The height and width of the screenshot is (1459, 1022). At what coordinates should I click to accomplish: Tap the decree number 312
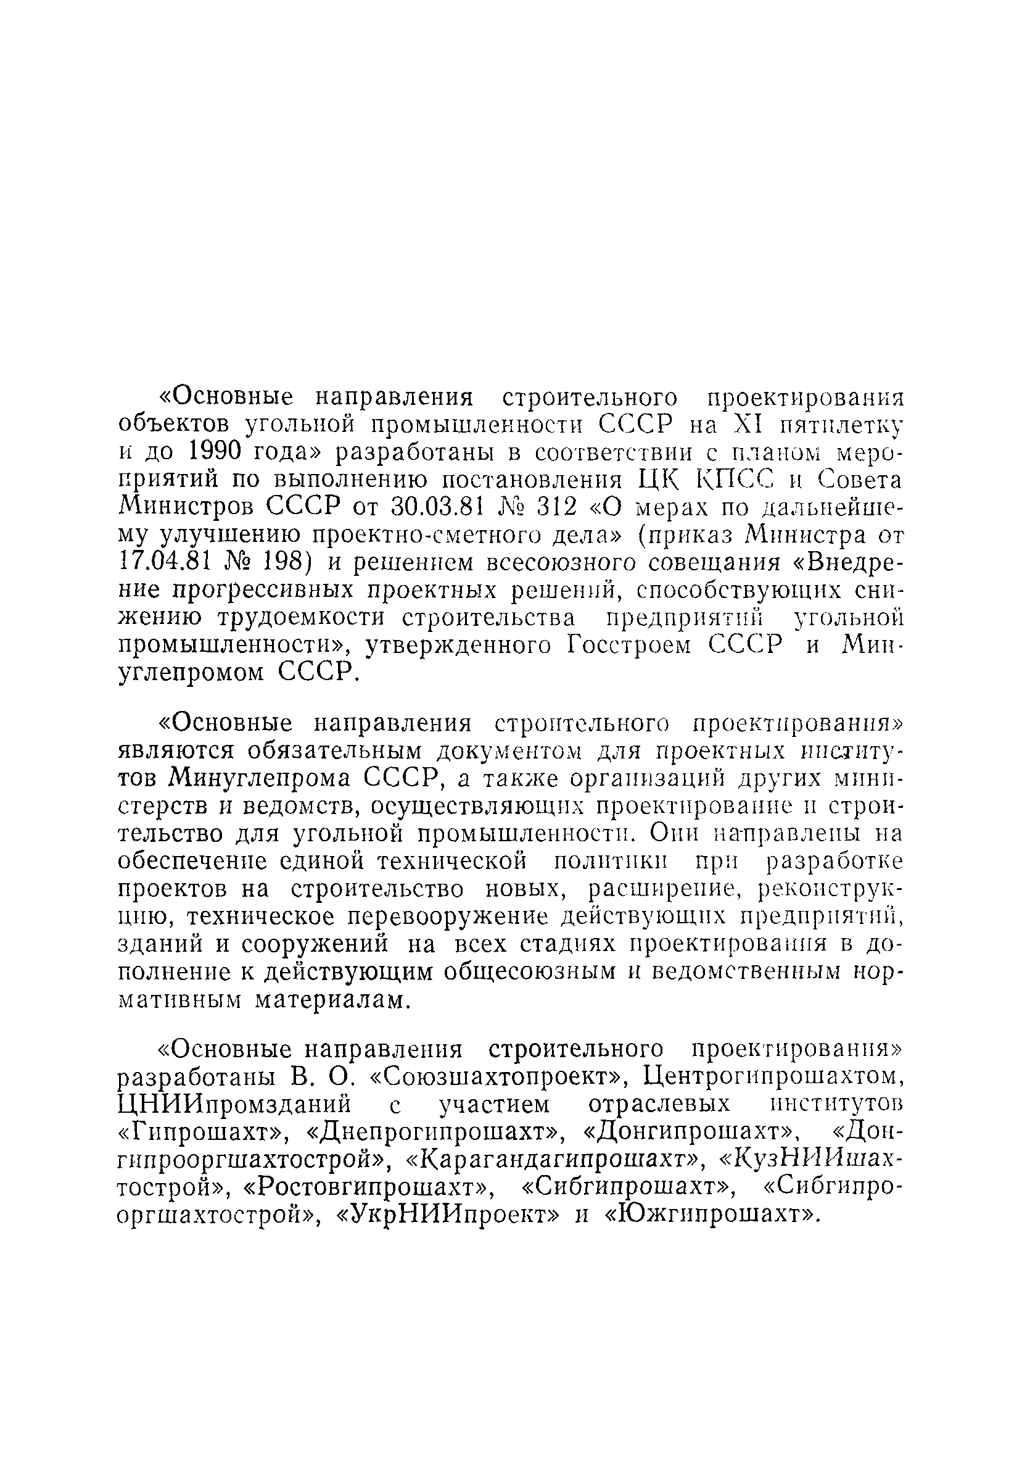pyautogui.click(x=559, y=507)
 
